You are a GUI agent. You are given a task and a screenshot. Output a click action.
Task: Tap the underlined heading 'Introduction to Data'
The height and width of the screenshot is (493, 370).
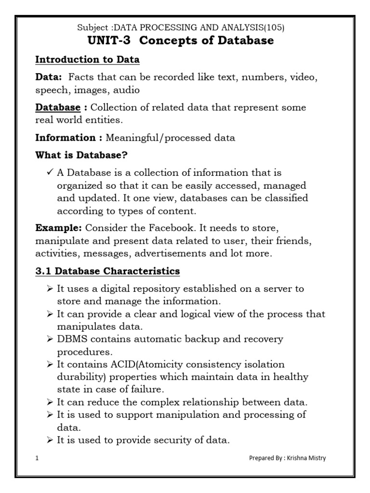pos(87,60)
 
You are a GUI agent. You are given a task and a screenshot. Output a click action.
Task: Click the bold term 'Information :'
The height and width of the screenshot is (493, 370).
pos(68,138)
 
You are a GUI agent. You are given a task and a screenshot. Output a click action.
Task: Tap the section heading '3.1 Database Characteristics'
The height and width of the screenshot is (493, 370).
pos(107,272)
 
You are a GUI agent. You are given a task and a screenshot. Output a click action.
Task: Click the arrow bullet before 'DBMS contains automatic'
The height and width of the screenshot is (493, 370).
pos(50,339)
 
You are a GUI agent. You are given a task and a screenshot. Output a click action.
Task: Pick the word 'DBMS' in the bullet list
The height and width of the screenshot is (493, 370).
pos(72,339)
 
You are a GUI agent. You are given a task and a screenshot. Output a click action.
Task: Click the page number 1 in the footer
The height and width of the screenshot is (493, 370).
pos(37,458)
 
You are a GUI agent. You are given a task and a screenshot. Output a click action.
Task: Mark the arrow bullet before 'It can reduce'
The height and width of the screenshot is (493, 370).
pos(50,402)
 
